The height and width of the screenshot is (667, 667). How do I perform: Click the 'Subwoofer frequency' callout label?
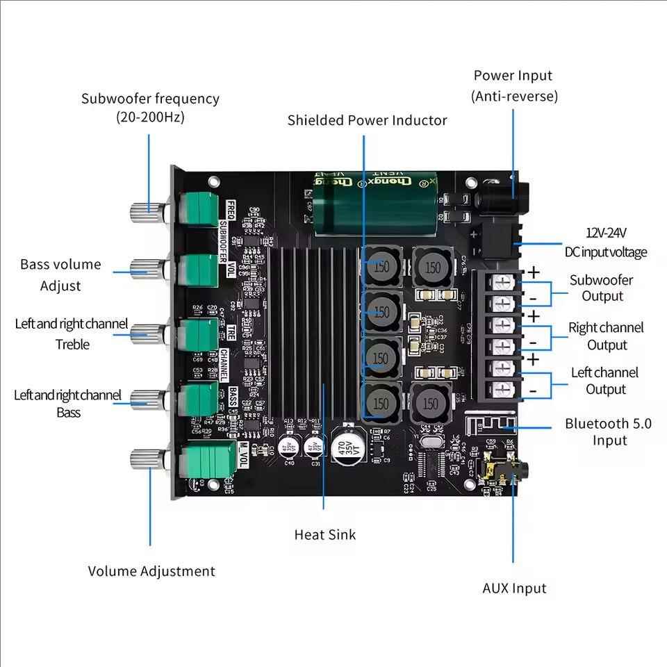(x=150, y=108)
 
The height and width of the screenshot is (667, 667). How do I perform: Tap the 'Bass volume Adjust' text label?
(x=60, y=274)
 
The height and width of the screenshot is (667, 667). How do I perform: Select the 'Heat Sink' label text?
(x=324, y=534)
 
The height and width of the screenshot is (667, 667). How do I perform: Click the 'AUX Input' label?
(x=514, y=588)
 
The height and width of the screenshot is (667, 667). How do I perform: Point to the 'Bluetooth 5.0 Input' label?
(x=608, y=431)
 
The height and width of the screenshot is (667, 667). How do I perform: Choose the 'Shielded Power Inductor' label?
(x=367, y=120)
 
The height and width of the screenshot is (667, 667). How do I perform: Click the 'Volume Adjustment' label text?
(x=151, y=571)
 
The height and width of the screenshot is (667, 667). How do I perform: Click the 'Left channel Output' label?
(x=604, y=380)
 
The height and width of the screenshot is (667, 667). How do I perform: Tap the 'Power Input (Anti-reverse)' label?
(x=514, y=85)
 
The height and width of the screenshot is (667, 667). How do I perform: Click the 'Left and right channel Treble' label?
(x=72, y=333)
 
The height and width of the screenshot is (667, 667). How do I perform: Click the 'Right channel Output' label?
(x=606, y=336)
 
